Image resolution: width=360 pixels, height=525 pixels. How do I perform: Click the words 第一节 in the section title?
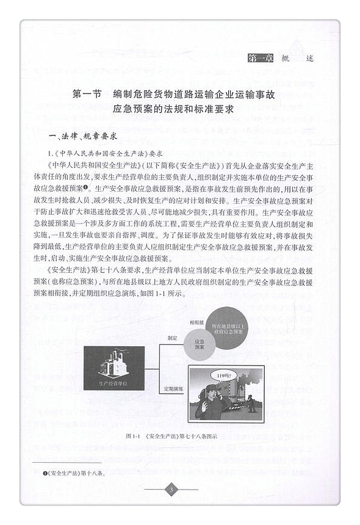(85, 95)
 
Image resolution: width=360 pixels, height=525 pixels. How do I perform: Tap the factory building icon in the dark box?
(113, 364)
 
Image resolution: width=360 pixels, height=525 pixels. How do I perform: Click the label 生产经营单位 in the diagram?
(113, 384)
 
